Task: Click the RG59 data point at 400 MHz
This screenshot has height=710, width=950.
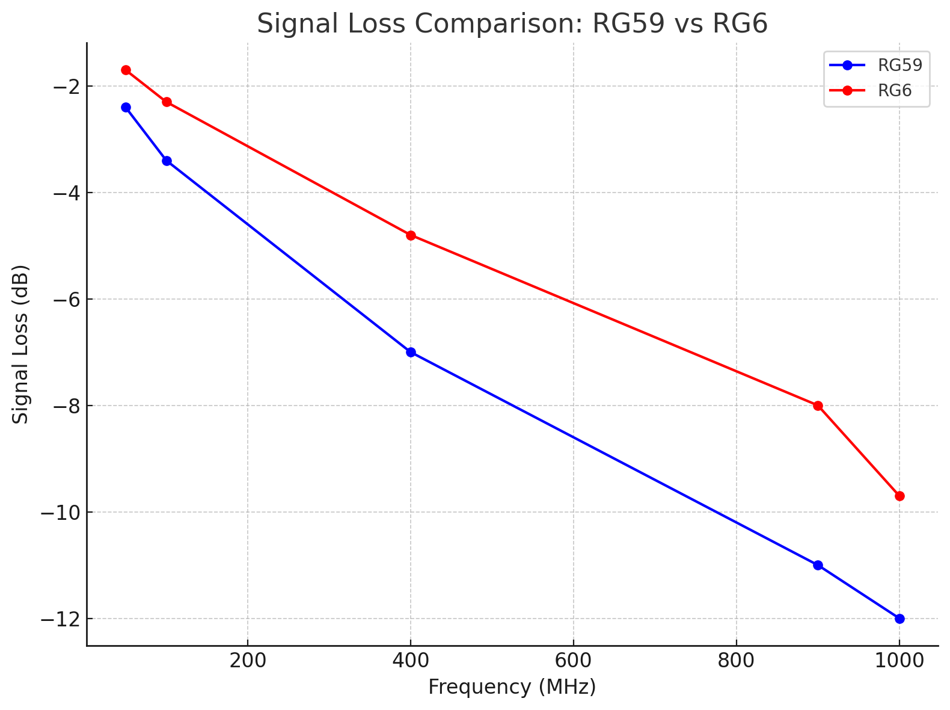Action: pos(411,352)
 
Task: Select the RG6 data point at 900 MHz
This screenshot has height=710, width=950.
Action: pos(818,406)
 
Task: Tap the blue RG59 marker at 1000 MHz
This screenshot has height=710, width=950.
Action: pos(899,619)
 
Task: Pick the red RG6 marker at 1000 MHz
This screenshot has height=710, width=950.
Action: pos(899,496)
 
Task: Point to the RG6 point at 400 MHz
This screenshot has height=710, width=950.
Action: pos(411,235)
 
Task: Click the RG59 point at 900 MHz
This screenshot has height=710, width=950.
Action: pos(818,565)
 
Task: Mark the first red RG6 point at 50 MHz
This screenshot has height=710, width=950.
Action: pos(126,70)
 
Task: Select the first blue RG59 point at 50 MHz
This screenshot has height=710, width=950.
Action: pos(126,107)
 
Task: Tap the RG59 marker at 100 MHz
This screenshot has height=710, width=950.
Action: pos(167,161)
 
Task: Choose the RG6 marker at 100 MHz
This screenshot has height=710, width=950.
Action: pos(167,102)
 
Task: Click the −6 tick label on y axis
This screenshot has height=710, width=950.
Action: pos(64,300)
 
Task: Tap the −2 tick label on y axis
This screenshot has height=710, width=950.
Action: pos(64,87)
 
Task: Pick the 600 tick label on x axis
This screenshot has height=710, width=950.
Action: pos(574,661)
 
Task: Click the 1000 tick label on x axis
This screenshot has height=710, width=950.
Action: pos(899,661)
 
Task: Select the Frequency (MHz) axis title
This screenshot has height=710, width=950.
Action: pos(512,687)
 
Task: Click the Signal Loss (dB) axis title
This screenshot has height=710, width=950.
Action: pos(21,344)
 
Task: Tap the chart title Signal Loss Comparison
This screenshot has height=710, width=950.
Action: pos(512,24)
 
